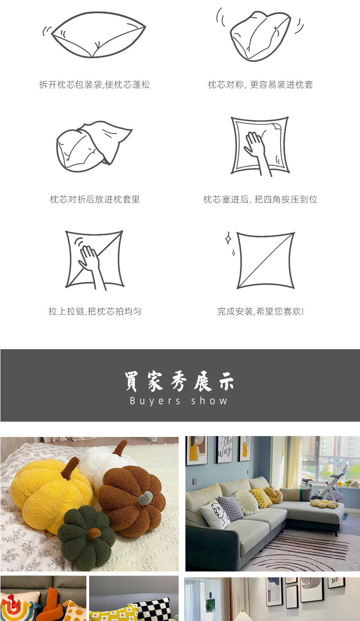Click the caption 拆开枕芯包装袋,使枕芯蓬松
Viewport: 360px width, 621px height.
[x=94, y=85]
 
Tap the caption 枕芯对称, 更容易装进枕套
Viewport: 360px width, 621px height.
[x=260, y=85]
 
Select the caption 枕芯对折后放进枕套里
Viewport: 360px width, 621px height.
[x=95, y=199]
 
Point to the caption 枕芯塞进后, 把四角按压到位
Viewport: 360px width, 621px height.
[x=260, y=199]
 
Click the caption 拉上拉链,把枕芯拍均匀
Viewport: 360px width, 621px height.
[x=95, y=311]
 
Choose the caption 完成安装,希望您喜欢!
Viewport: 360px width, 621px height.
[x=261, y=311]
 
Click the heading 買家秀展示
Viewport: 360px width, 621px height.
[x=180, y=382]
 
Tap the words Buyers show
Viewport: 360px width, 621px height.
[x=179, y=401]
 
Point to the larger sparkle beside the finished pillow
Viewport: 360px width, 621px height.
[x=228, y=238]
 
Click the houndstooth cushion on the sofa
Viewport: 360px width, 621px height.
[x=230, y=508]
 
